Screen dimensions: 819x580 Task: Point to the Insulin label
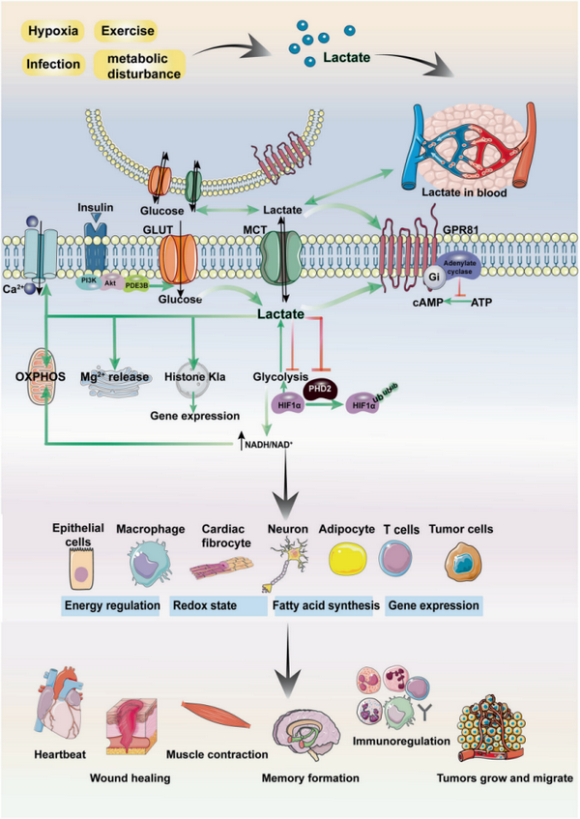coord(95,208)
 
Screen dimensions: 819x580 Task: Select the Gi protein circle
coord(436,277)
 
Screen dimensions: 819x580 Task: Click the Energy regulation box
coord(112,606)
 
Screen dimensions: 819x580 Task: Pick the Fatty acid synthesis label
coord(325,606)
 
